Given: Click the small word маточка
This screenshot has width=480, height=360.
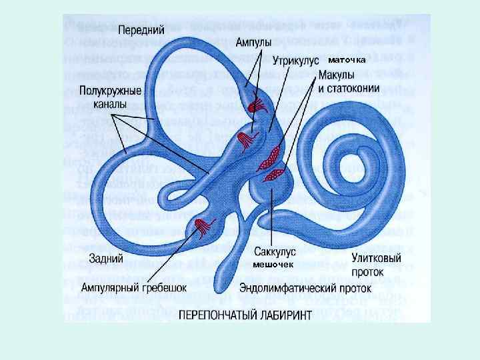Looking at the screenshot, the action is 347,60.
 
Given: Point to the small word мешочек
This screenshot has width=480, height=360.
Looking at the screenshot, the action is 273,265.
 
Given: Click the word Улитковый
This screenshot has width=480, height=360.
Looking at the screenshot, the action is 376,258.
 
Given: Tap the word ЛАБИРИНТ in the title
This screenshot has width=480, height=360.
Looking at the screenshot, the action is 287,314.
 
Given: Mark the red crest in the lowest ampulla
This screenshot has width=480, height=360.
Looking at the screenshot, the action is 200,227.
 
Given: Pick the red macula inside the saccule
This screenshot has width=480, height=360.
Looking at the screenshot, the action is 274,175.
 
